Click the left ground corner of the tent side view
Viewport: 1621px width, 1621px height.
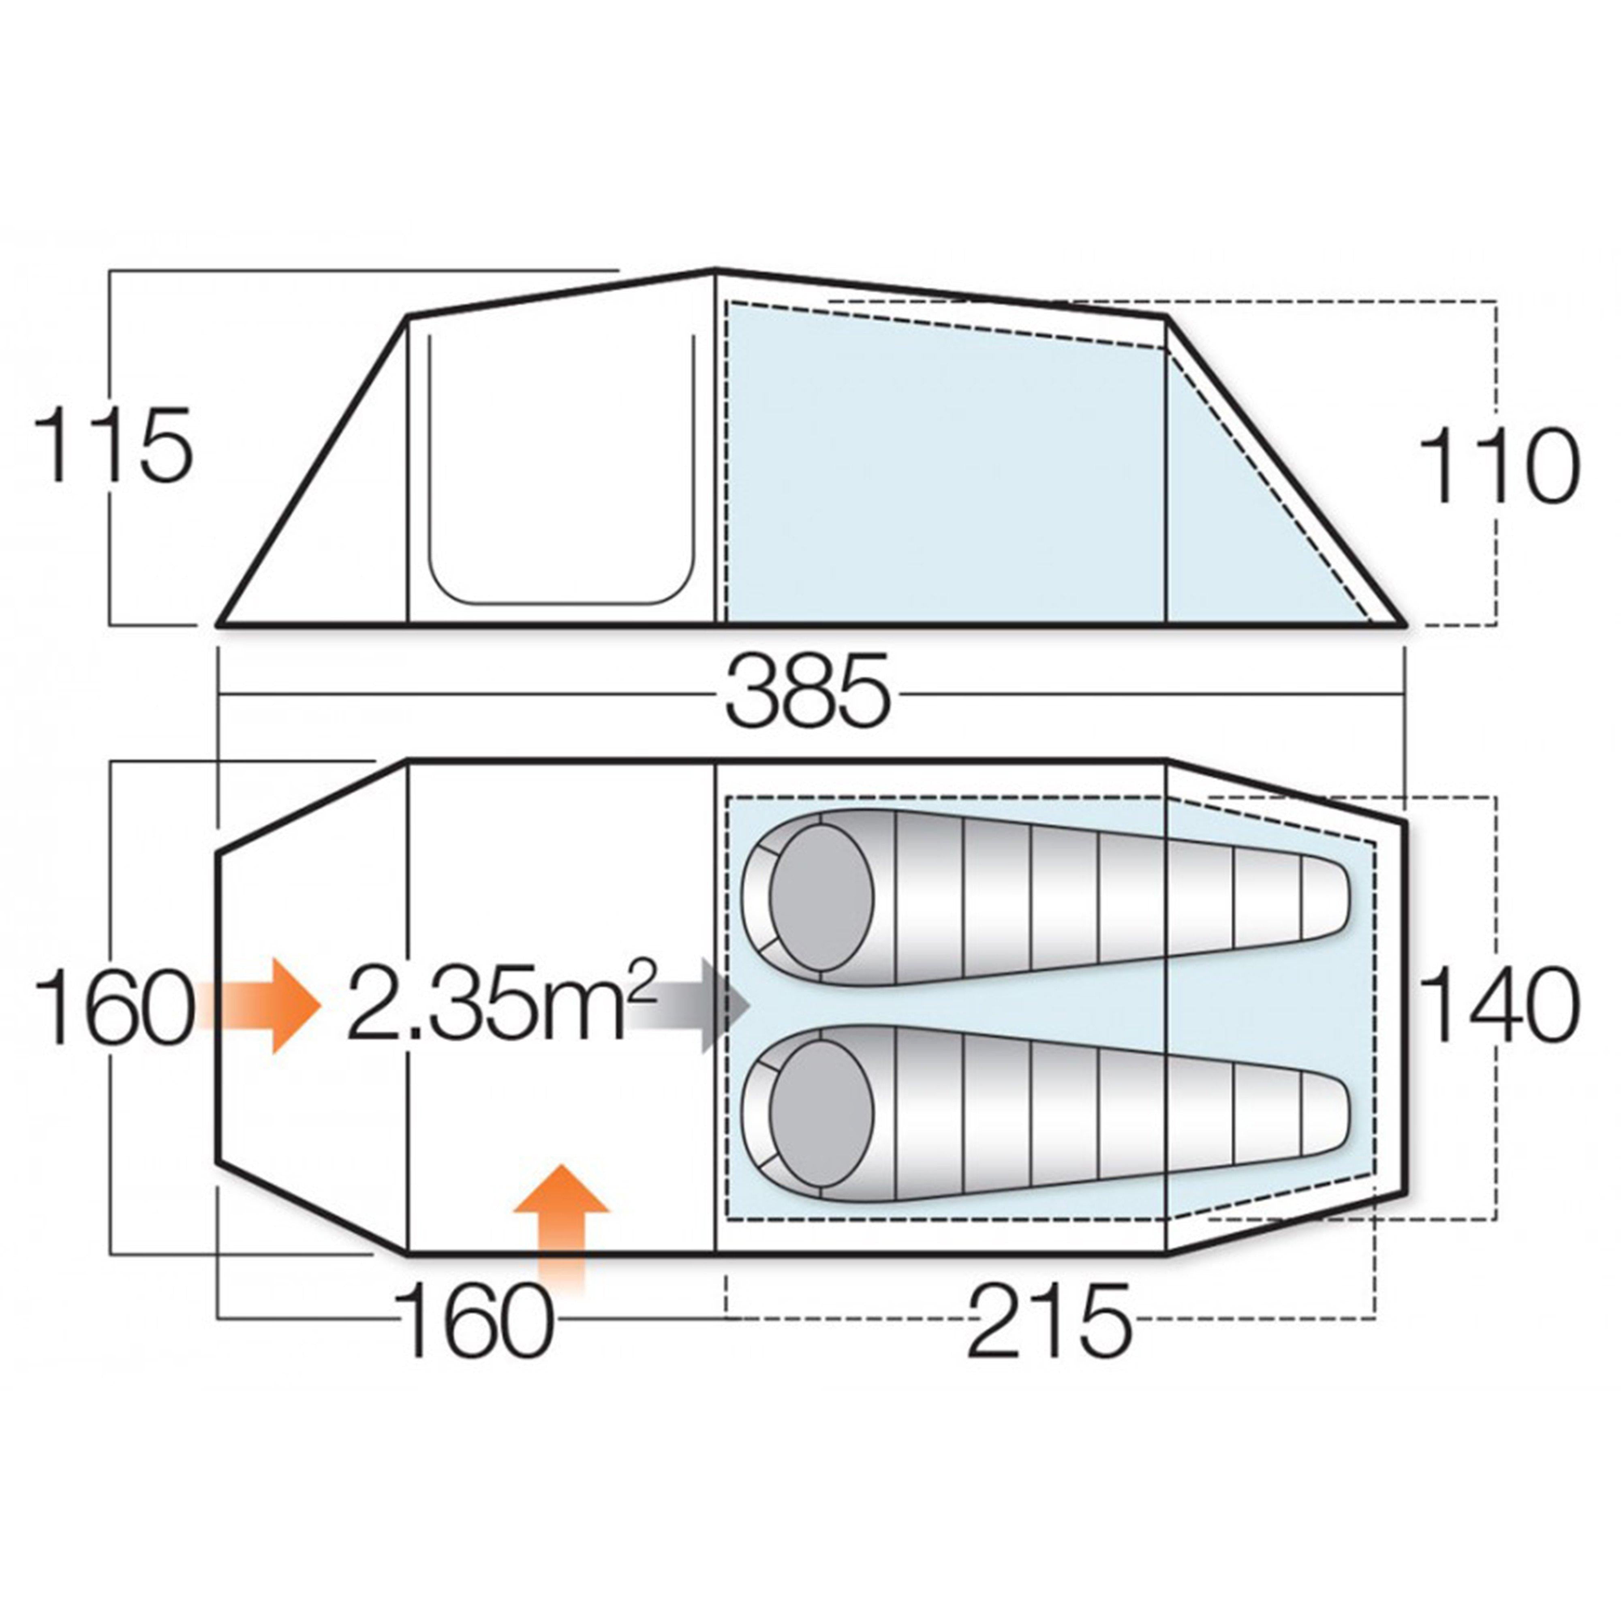(220, 624)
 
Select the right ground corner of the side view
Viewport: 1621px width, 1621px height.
(1403, 624)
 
